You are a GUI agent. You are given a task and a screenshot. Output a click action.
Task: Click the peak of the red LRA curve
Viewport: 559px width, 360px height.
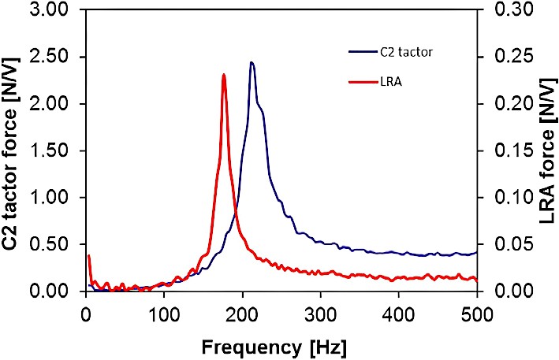(224, 76)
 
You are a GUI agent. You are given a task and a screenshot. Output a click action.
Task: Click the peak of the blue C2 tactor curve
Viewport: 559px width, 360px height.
(251, 63)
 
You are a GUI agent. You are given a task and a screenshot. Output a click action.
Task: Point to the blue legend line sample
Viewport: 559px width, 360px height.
(361, 52)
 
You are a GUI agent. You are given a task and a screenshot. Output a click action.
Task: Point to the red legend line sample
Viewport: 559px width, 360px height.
(361, 80)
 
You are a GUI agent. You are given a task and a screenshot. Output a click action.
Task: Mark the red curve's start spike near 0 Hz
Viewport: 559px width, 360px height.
(88, 257)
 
